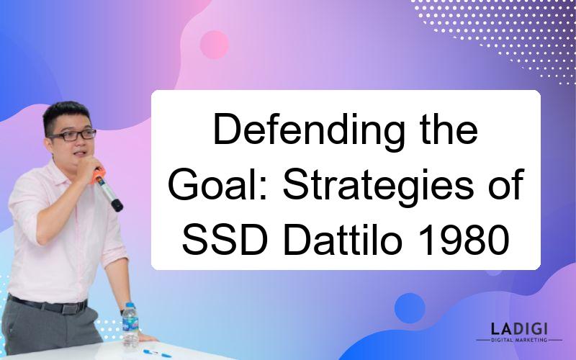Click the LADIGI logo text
tap(519, 328)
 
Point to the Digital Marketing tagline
tap(519, 340)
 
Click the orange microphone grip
tap(98, 176)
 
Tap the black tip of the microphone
tap(117, 205)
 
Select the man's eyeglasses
tap(73, 135)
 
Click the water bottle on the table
tap(130, 325)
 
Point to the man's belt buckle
tap(70, 308)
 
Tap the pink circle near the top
tap(214, 45)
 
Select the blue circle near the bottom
tap(410, 308)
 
